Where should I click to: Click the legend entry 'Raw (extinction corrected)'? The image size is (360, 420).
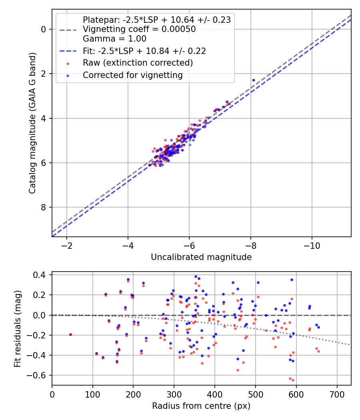point(138,63)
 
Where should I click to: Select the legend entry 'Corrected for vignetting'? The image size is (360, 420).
point(132,75)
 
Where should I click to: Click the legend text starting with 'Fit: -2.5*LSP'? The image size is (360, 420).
point(144,51)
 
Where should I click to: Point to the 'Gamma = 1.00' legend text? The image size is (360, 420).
point(114,39)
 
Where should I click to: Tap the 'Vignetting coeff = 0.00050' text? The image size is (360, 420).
point(139,29)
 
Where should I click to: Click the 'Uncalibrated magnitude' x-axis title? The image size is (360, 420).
point(201,257)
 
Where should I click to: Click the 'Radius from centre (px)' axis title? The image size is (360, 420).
point(201,406)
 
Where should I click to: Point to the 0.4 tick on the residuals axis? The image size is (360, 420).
point(41,275)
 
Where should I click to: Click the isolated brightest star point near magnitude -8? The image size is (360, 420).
point(253,80)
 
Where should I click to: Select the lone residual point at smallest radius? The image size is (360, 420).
point(70,334)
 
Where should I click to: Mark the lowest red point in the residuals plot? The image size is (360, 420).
point(293,380)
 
